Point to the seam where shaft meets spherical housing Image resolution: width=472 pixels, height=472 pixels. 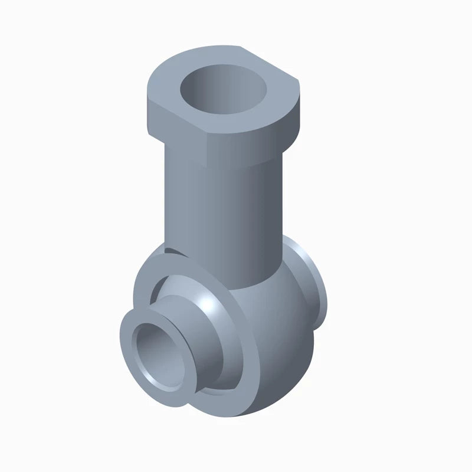254,283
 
